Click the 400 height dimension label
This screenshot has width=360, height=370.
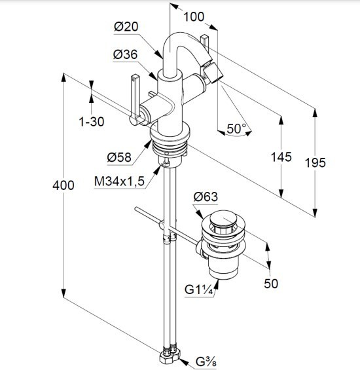(63, 185)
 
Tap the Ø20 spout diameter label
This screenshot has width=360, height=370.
(126, 26)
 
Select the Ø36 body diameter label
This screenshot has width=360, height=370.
(125, 54)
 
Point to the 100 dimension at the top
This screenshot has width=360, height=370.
(194, 17)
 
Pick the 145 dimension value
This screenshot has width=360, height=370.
(281, 157)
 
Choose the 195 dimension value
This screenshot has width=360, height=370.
(315, 163)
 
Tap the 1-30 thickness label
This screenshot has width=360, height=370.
(91, 122)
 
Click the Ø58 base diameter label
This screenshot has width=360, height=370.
(119, 157)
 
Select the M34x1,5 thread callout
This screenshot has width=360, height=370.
(119, 181)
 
